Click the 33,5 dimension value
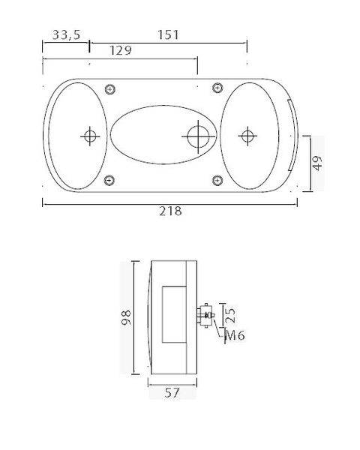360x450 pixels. [x=66, y=35]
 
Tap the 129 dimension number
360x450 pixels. [x=121, y=51]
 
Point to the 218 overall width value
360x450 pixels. [x=171, y=211]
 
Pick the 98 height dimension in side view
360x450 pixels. [x=125, y=318]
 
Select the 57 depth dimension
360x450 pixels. [x=172, y=393]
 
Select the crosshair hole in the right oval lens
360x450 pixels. [x=246, y=136]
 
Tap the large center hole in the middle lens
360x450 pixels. [x=199, y=136]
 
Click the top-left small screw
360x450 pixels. [x=110, y=90]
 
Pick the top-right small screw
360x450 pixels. [x=217, y=90]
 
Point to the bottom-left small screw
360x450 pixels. [x=110, y=180]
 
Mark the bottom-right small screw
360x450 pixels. [x=217, y=180]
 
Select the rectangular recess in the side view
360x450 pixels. [x=171, y=315]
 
